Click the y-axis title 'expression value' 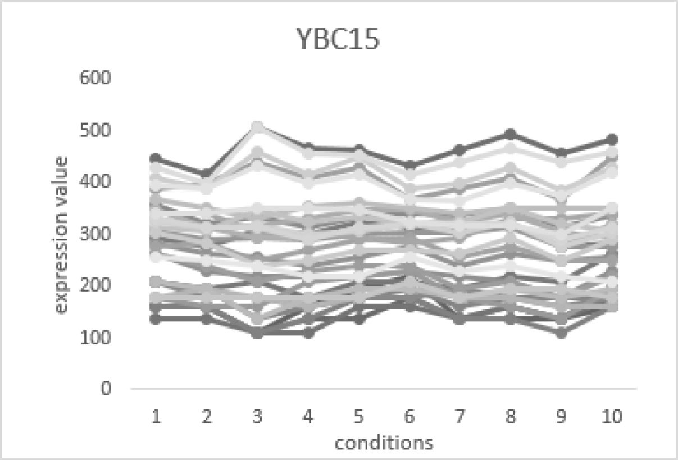tap(62, 234)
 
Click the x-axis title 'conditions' tap(384, 443)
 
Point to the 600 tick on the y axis tap(98, 78)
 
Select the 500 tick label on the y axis tap(98, 130)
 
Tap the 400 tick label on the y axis tap(98, 181)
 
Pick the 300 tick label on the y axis tap(98, 234)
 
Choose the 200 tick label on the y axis tap(98, 285)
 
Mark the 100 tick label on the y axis tap(98, 337)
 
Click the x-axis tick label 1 tap(156, 417)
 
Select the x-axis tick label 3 tap(258, 417)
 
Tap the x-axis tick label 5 tap(359, 417)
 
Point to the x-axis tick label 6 tap(409, 417)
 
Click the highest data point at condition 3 tap(258, 127)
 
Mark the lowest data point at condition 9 tap(561, 334)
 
